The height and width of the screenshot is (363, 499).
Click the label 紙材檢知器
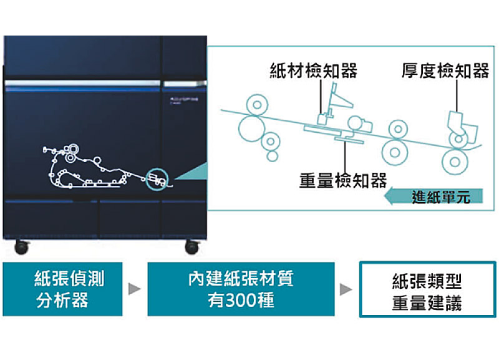(314, 72)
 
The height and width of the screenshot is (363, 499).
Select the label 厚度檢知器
(445, 72)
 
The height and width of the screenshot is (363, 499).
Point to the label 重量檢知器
(343, 181)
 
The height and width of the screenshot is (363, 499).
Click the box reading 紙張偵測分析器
(62, 289)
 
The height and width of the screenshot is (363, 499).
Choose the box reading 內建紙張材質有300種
(241, 289)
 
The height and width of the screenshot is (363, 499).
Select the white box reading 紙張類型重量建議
(427, 289)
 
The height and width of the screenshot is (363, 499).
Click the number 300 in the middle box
(240, 301)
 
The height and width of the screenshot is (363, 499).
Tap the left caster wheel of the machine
(21, 246)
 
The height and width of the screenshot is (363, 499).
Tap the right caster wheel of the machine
(191, 246)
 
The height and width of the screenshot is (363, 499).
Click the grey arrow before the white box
(346, 290)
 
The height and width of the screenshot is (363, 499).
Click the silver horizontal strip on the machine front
(81, 83)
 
